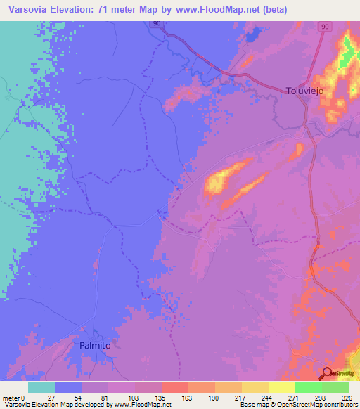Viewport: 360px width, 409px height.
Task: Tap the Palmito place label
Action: [x=94, y=345]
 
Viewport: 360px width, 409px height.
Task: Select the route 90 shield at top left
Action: [x=156, y=24]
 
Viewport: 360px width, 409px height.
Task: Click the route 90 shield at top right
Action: [x=324, y=27]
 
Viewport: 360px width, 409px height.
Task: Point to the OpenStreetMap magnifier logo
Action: [x=328, y=373]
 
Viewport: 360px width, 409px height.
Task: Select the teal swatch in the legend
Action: [x=41, y=387]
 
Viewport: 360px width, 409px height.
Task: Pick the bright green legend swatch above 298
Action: [x=308, y=387]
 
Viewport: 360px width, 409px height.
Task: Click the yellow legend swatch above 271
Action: [x=281, y=387]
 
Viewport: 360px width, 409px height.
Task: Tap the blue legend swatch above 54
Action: [x=68, y=387]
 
